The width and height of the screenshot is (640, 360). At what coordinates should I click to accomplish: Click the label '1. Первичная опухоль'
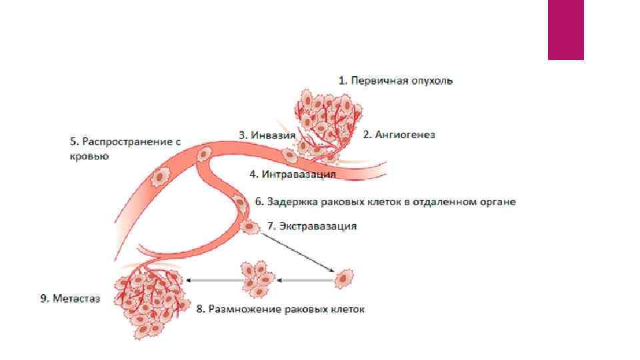395,81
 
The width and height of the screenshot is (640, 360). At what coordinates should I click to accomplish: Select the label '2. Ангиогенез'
399,135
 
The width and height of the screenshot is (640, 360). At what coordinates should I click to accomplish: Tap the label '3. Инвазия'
267,135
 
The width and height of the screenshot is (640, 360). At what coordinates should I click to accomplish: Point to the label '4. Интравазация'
292,174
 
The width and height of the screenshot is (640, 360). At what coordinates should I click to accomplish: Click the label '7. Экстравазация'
311,226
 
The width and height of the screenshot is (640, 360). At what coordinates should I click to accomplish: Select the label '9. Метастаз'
69,299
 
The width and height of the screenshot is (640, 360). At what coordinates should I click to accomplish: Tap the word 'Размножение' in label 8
243,309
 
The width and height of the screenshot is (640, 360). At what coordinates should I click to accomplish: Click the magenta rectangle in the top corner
565,30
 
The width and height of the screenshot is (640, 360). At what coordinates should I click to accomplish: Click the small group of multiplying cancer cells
257,279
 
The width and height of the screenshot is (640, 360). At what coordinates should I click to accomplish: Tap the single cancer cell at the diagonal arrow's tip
344,278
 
